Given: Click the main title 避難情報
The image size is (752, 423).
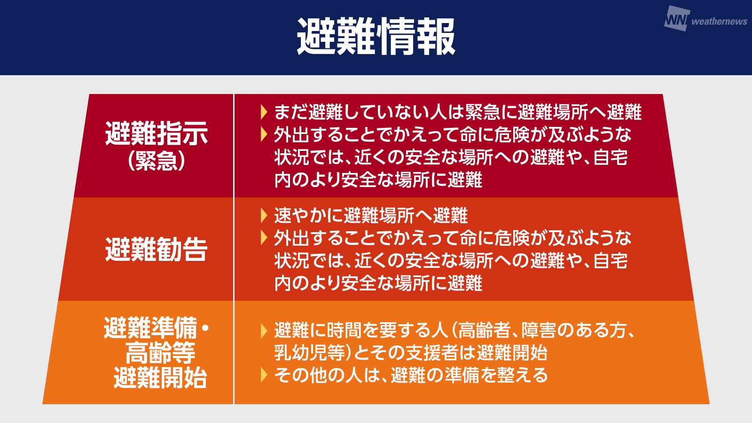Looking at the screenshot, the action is (x=376, y=37).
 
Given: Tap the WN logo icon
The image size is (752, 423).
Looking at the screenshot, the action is (x=677, y=19).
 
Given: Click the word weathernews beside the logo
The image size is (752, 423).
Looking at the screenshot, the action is (x=720, y=22).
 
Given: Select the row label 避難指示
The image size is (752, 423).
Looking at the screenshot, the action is (x=157, y=133).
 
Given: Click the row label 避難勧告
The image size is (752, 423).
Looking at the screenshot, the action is (x=157, y=249).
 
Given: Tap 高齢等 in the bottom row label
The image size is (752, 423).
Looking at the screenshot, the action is (x=160, y=353).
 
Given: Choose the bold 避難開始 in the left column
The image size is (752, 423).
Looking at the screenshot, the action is (x=160, y=378).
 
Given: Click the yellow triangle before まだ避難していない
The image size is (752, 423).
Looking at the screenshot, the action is (x=264, y=112).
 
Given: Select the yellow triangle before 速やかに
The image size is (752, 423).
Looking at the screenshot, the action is (x=264, y=216).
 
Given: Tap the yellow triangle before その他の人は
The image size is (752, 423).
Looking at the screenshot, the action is (x=264, y=375).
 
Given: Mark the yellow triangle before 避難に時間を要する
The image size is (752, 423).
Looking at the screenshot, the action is (x=264, y=331).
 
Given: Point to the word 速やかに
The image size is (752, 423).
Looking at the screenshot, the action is (x=308, y=216).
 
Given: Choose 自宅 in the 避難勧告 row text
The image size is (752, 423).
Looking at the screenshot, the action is (x=611, y=260).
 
